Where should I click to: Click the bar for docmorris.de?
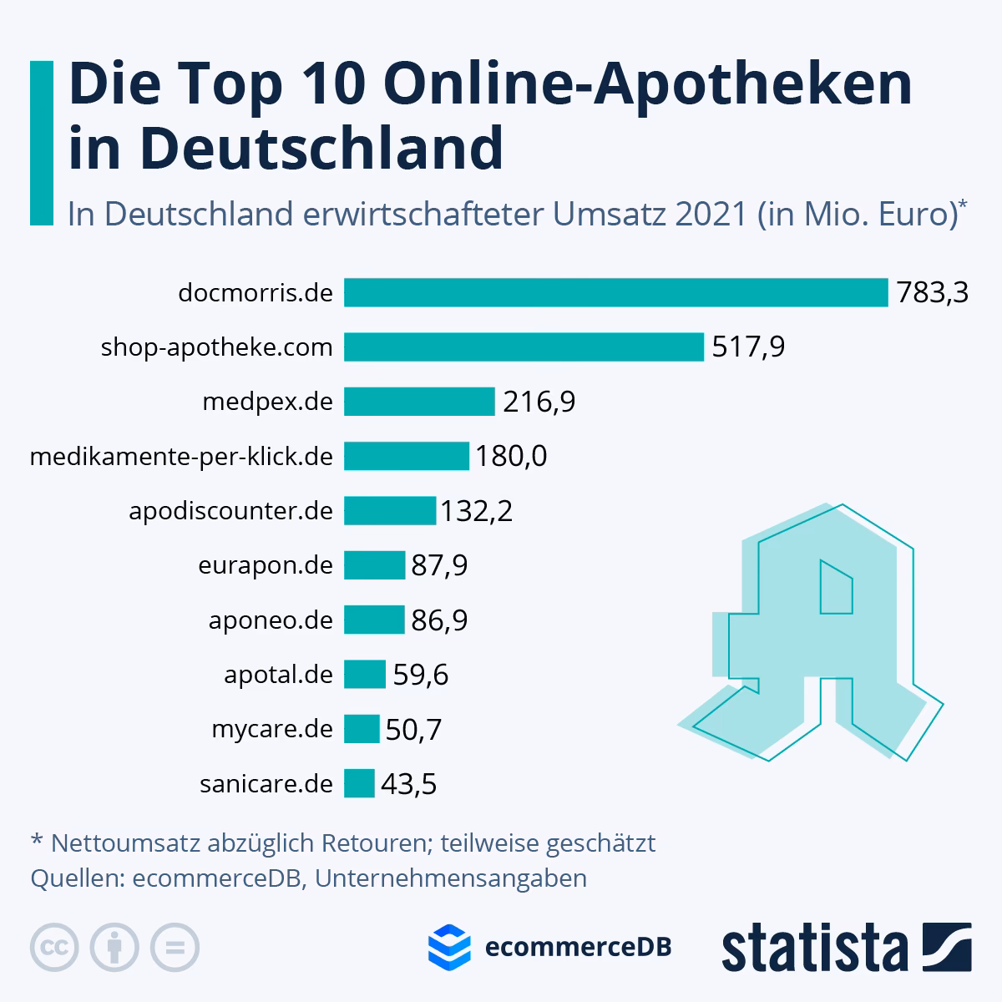pos(615,293)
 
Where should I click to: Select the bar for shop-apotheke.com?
pos(524,347)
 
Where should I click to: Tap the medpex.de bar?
pos(419,402)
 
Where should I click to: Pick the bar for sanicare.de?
pos(359,783)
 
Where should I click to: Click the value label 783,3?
pos(932,293)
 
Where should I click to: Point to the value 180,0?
pos(511,457)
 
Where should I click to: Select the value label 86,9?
pos(439,620)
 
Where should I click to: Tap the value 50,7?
pos(412,730)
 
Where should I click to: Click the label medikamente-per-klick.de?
pos(181,457)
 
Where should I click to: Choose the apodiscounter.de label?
pos(231,511)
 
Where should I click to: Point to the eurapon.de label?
pos(266,566)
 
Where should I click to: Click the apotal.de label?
pos(278,675)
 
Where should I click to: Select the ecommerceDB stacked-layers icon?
pos(449,946)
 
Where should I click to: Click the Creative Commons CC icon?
pos(54,948)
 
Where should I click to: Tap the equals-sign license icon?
pos(175,948)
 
